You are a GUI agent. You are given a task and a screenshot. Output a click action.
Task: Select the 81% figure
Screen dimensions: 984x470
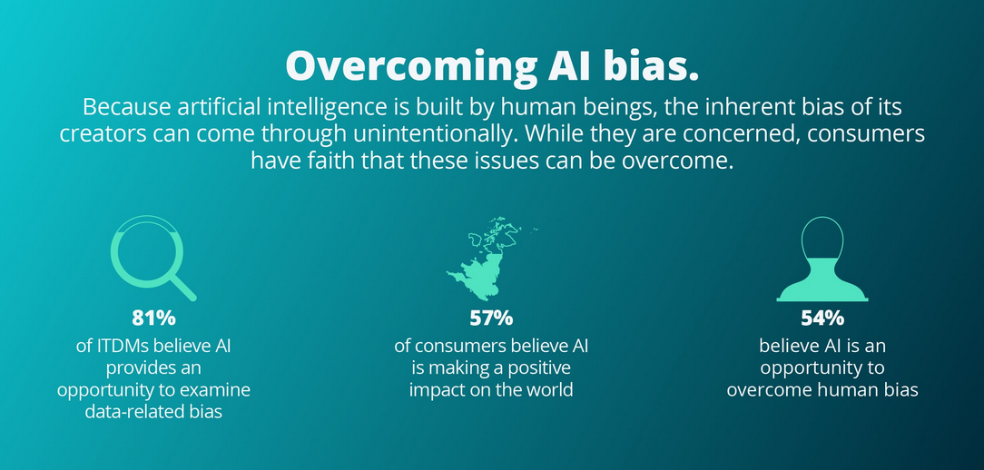(x=153, y=318)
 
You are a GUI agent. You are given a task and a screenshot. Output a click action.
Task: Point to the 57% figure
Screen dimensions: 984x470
(x=491, y=318)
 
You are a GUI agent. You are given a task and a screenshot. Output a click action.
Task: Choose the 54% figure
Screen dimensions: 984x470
(x=822, y=318)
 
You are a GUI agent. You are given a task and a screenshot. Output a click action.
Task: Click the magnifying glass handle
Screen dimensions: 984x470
(x=183, y=288)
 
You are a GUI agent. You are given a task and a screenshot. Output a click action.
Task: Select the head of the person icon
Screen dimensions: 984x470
(x=822, y=239)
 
